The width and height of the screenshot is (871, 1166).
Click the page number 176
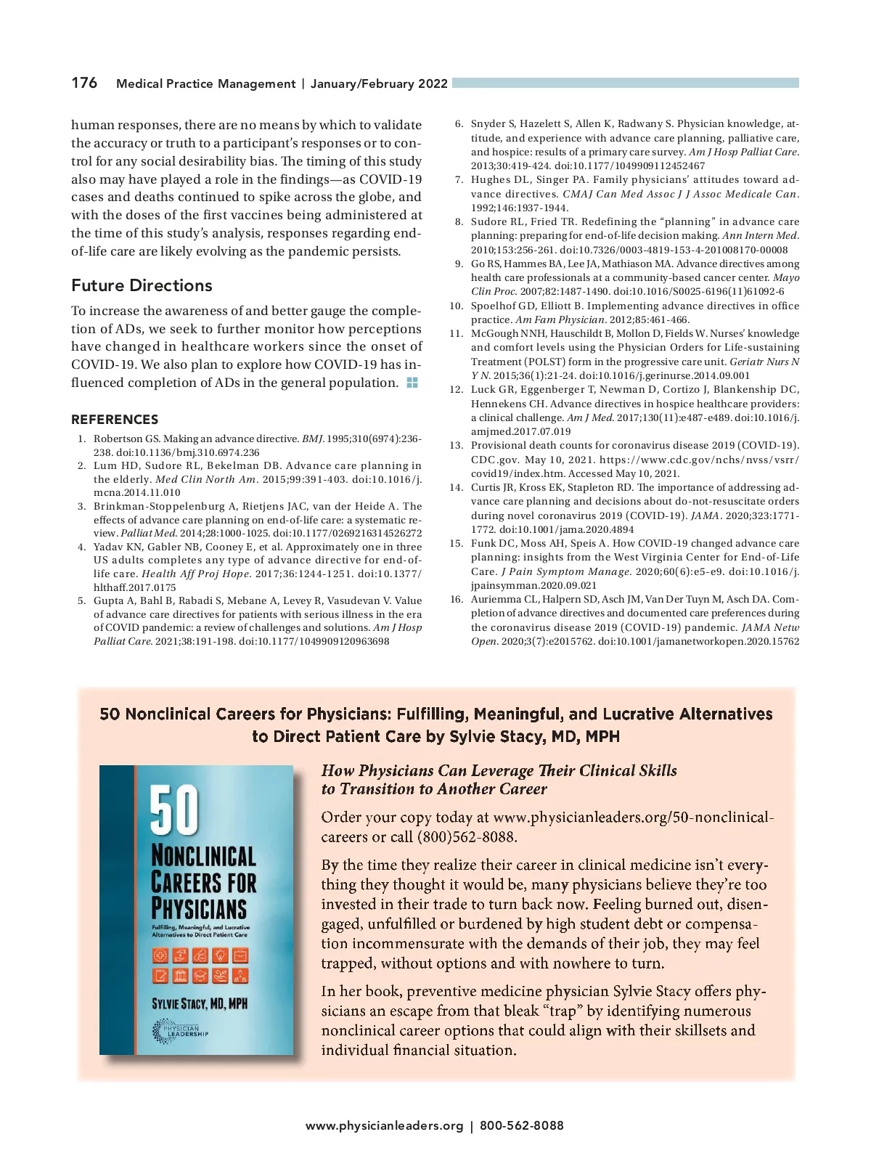pyautogui.click(x=84, y=83)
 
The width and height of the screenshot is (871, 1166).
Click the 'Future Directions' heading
pyautogui.click(x=142, y=285)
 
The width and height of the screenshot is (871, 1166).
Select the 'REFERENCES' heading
pyautogui.click(x=115, y=420)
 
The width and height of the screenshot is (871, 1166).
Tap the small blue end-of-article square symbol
pyautogui.click(x=412, y=383)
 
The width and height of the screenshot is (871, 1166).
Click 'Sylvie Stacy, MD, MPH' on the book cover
pyautogui.click(x=200, y=1004)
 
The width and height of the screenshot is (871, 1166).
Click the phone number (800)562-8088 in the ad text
pyautogui.click(x=467, y=836)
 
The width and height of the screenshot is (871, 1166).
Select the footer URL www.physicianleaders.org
pyautogui.click(x=384, y=1126)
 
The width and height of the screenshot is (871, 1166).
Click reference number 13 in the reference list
pyautogui.click(x=456, y=445)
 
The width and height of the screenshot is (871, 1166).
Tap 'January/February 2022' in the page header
pyautogui.click(x=379, y=83)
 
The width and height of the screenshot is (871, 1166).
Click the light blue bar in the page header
pyautogui.click(x=625, y=83)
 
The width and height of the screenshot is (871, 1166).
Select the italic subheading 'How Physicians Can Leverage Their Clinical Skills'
pyautogui.click(x=499, y=770)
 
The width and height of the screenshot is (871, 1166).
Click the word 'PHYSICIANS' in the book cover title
pyautogui.click(x=199, y=908)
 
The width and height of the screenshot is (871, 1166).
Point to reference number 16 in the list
pyautogui.click(x=456, y=599)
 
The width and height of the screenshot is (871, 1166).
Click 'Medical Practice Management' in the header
pyautogui.click(x=205, y=83)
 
